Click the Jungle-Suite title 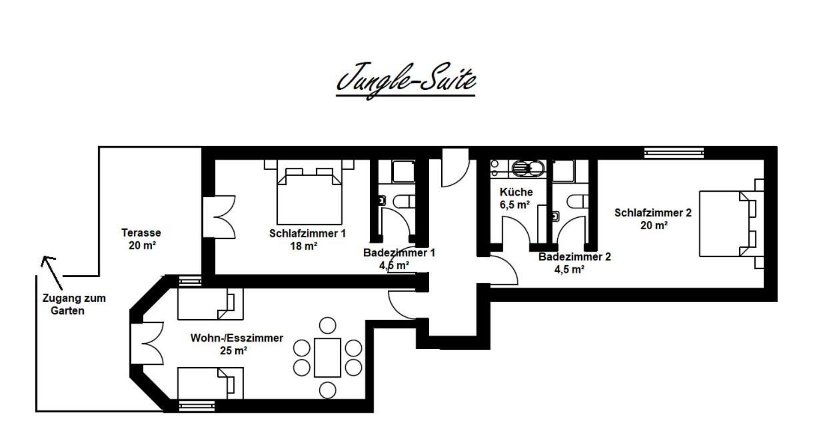pos(406,80)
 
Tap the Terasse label pos(141,232)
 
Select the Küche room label pos(516,192)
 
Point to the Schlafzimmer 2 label pos(653,213)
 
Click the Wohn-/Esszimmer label pos(237,338)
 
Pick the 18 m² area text pos(303,246)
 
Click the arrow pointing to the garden pos(51,272)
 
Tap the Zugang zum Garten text pos(74,304)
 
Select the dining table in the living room pos(327,358)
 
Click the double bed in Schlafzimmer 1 pos(309,196)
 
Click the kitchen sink pos(528,169)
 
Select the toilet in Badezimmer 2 pos(578,201)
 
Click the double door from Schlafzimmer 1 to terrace pos(219,217)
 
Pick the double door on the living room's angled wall pos(147,343)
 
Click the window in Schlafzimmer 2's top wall pos(674,153)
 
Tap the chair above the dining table pos(327,326)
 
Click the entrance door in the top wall pos(455,168)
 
